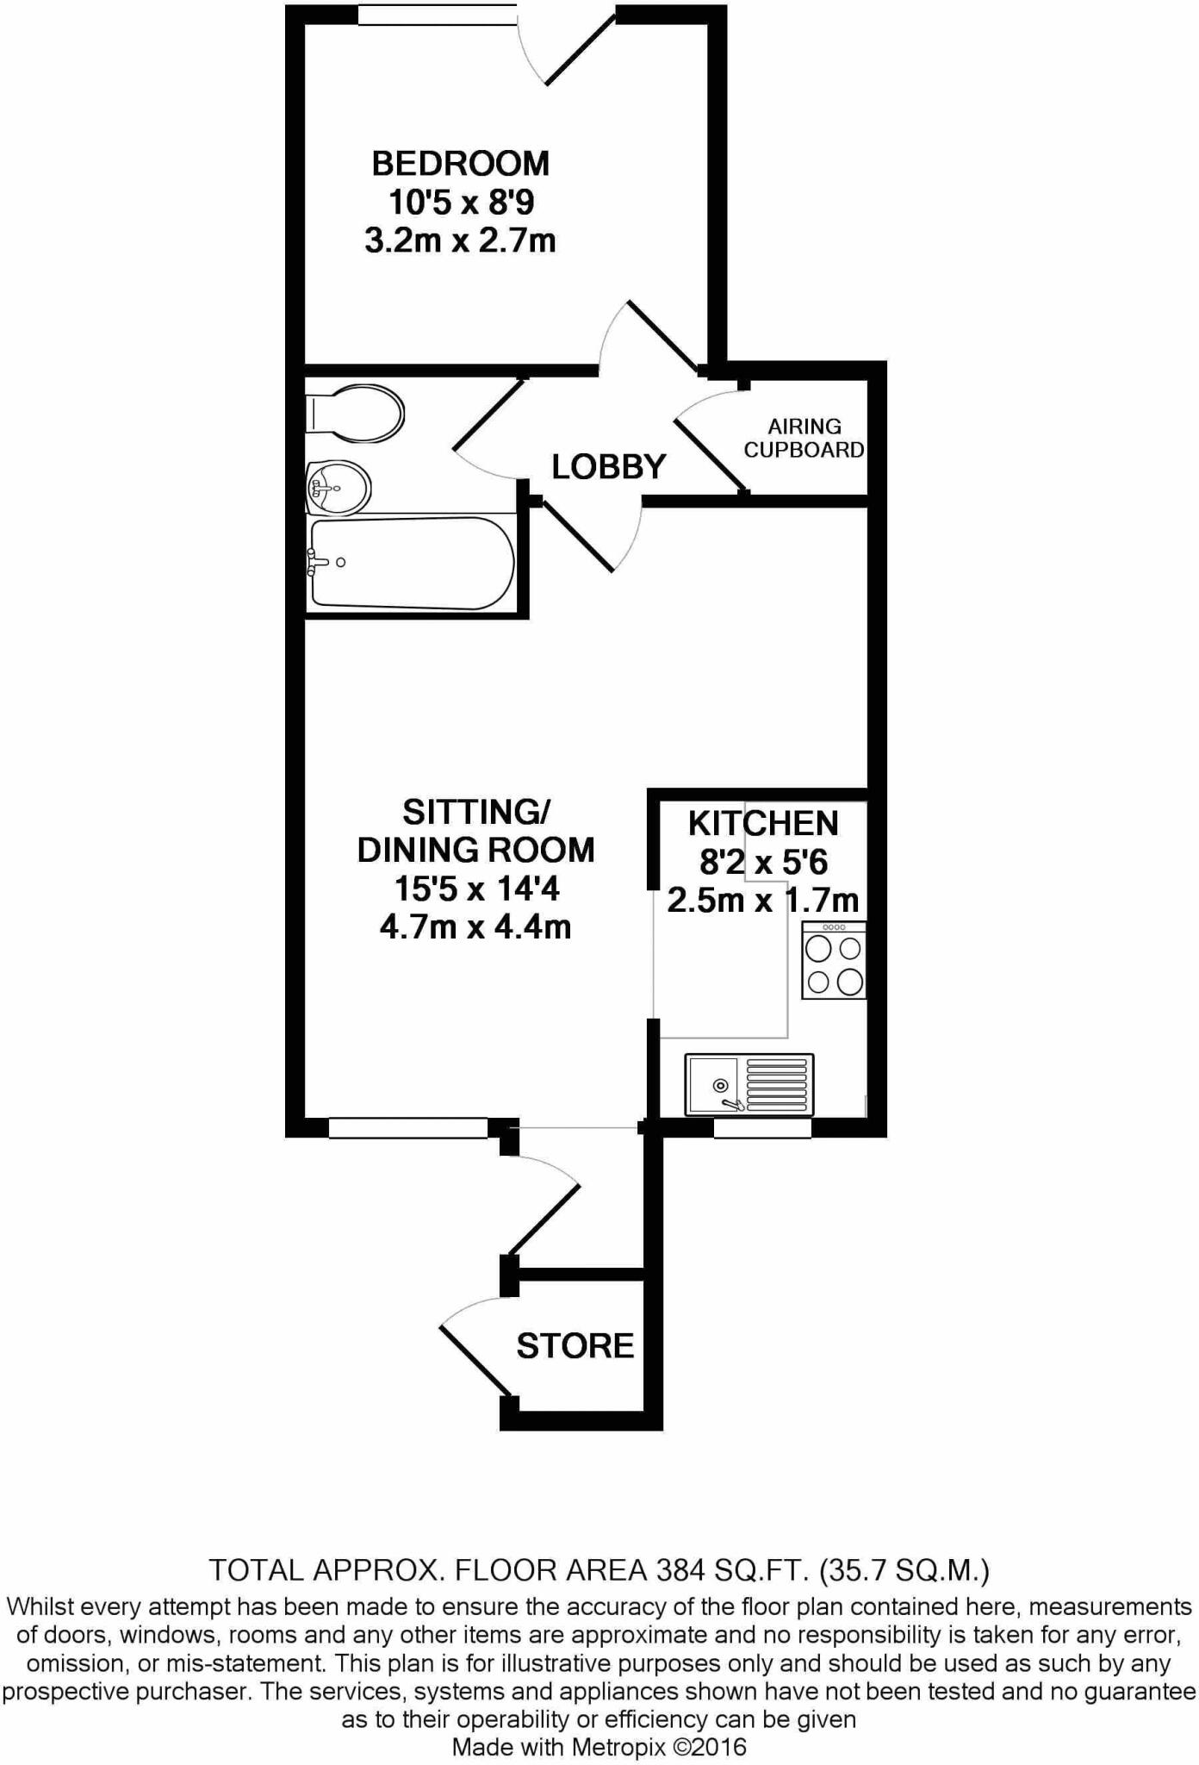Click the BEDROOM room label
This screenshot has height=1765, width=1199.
(460, 163)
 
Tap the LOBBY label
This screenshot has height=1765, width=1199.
(608, 467)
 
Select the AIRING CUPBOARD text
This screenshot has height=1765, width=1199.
(804, 438)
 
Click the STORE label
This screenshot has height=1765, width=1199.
(575, 1345)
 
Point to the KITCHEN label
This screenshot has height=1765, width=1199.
(762, 824)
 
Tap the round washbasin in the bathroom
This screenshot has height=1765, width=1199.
(339, 487)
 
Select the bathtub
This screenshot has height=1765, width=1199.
(412, 564)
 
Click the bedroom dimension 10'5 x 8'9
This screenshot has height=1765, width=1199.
(461, 203)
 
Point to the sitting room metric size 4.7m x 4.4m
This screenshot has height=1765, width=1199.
(475, 926)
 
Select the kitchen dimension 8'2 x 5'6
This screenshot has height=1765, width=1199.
(763, 862)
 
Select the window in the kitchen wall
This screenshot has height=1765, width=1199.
(762, 1127)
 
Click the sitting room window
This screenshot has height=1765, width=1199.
(408, 1127)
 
